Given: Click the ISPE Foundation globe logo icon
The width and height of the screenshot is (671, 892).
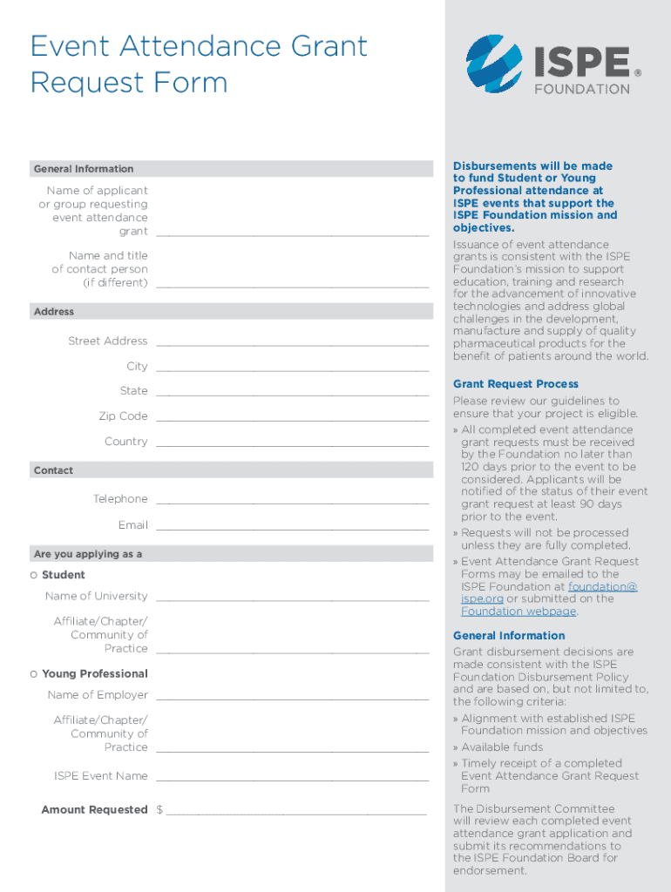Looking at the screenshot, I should click(x=494, y=65).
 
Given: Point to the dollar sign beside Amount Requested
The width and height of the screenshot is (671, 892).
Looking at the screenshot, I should click(x=159, y=810).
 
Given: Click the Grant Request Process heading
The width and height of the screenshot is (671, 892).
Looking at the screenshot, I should click(x=515, y=384).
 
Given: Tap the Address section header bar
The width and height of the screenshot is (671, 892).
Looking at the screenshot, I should click(x=231, y=312).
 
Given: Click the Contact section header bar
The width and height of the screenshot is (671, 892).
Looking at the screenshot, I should click(x=231, y=470).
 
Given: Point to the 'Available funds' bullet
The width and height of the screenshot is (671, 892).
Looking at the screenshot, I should click(x=502, y=747).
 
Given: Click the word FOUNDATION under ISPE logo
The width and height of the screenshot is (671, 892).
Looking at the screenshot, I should click(x=581, y=89).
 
